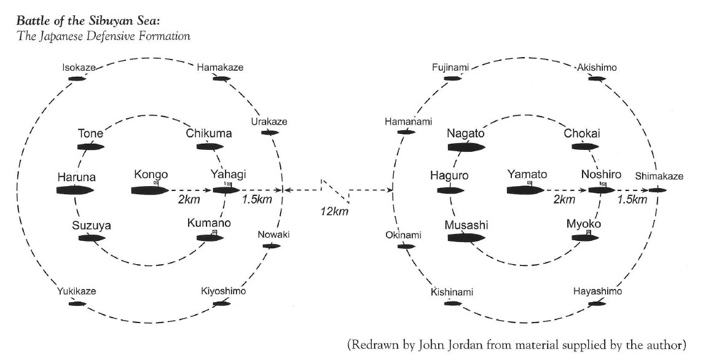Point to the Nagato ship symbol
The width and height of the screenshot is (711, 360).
(x=466, y=147)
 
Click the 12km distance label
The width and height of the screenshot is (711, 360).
(x=335, y=212)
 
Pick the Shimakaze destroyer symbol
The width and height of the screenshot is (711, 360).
(x=658, y=190)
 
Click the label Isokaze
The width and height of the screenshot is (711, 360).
(x=77, y=67)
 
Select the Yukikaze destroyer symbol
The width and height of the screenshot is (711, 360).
(x=77, y=303)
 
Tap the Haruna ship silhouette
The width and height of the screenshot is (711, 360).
(x=74, y=190)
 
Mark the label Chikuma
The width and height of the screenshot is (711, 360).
(x=209, y=133)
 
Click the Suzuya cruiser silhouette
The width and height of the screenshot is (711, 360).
(x=91, y=238)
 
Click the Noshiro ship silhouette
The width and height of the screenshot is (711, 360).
(x=601, y=190)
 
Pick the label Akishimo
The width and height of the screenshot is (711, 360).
(x=597, y=68)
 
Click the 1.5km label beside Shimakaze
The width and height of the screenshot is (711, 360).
(x=632, y=200)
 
